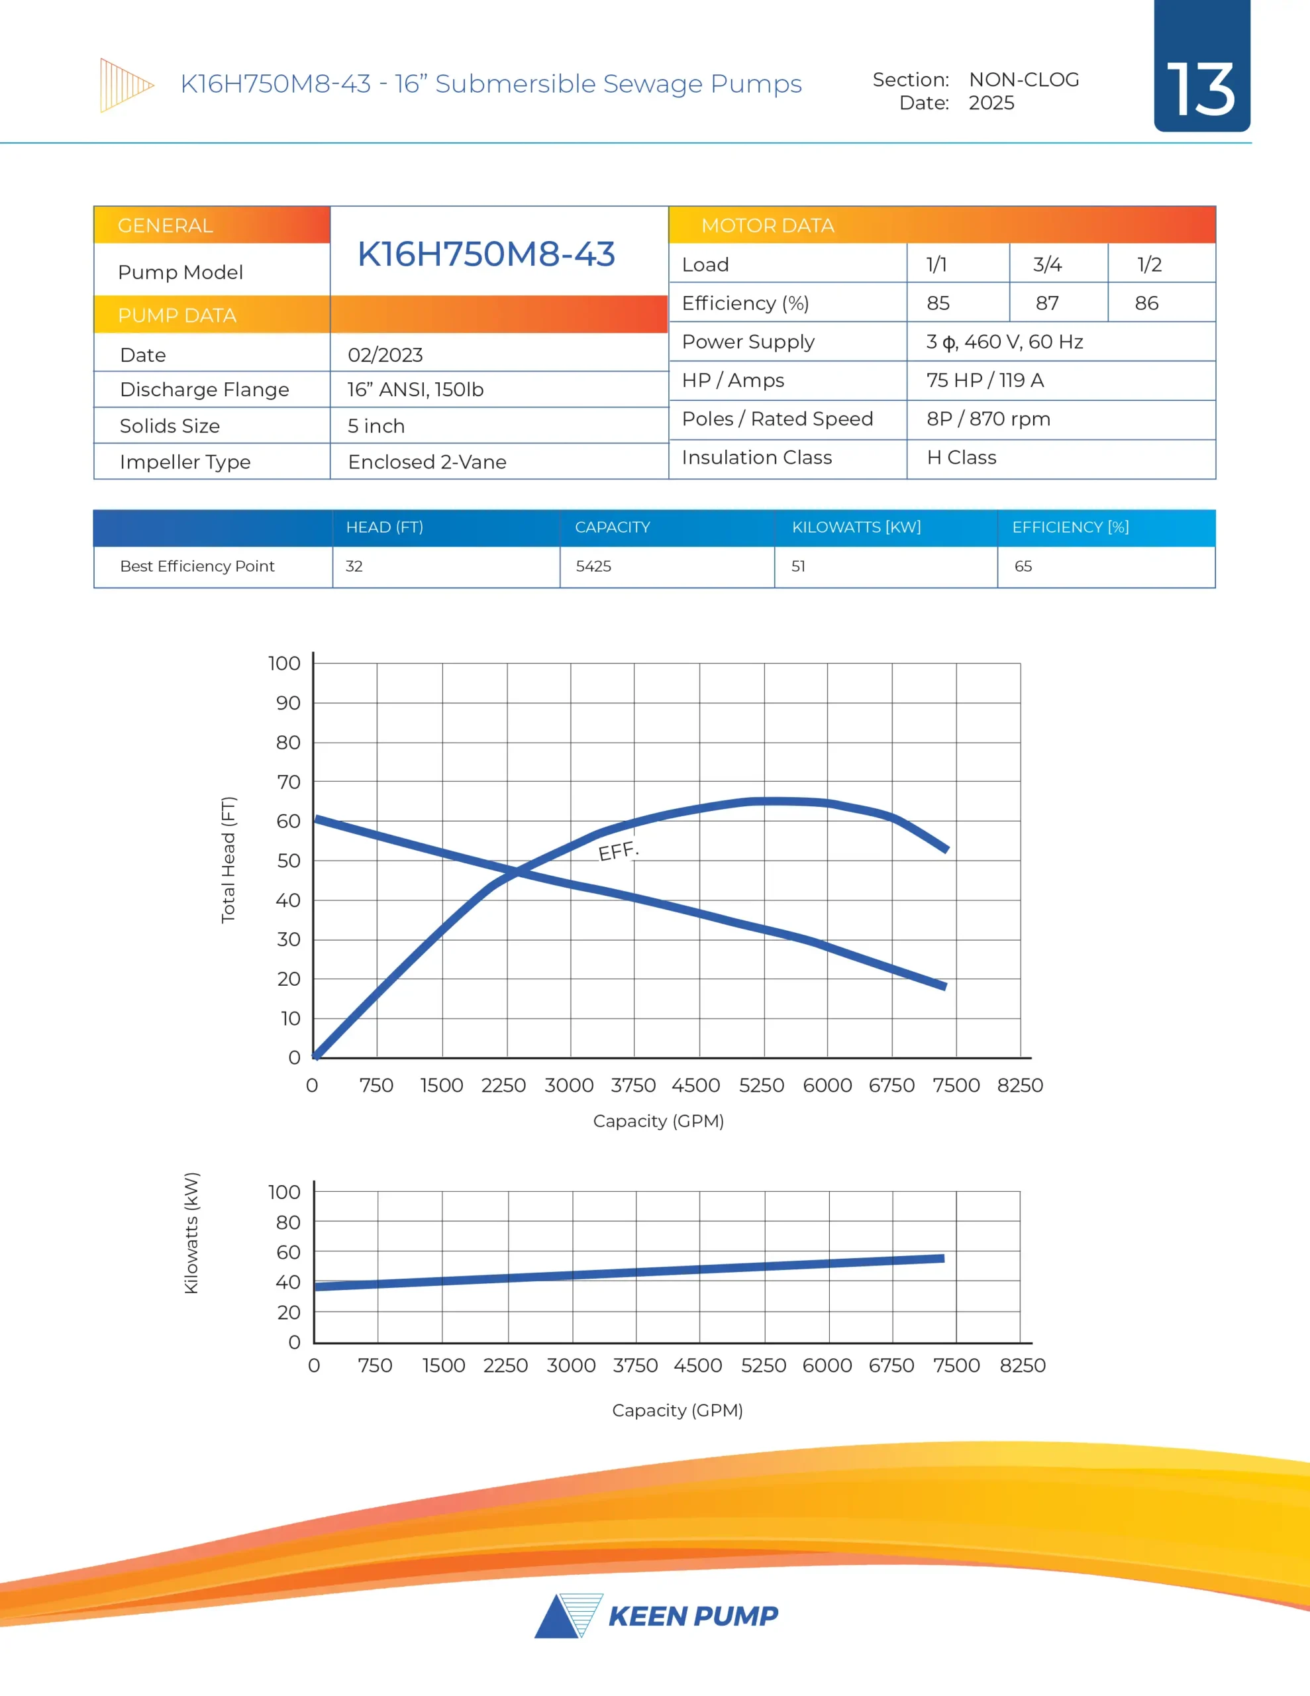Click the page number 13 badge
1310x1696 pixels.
tap(1201, 89)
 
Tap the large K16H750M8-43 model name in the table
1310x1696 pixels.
tap(486, 254)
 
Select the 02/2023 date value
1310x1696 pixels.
tap(385, 355)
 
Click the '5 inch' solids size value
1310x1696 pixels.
tap(376, 425)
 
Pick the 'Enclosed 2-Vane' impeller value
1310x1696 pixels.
tap(427, 462)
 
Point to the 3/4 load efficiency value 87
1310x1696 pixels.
tap(1047, 303)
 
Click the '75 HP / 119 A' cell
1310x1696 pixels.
tap(985, 380)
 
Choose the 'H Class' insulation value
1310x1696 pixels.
tap(962, 457)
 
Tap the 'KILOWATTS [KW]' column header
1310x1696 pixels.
tap(856, 527)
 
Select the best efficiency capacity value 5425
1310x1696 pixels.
tap(593, 566)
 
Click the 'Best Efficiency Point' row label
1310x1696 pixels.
tap(197, 566)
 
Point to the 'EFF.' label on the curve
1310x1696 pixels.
tap(618, 851)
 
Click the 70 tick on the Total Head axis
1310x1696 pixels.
tap(288, 782)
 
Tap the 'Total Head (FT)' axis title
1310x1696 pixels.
tap(228, 860)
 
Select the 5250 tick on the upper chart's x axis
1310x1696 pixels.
tap(761, 1085)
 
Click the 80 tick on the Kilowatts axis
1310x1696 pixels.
tap(288, 1222)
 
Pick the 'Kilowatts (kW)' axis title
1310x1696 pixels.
tap(191, 1232)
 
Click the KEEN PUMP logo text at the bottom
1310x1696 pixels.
tap(693, 1616)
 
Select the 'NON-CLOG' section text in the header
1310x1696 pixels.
tap(1023, 80)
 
